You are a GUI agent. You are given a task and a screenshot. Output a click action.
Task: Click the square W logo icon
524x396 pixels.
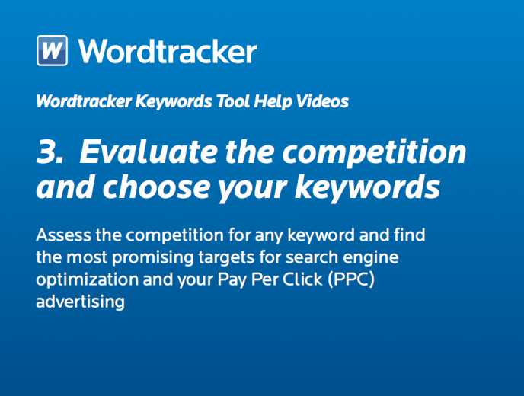[52, 50]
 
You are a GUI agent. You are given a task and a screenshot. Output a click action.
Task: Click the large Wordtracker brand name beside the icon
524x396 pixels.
[168, 51]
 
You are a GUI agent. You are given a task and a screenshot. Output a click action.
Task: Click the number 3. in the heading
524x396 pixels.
[50, 152]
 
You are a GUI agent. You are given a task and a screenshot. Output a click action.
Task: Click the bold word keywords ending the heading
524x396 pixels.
[367, 187]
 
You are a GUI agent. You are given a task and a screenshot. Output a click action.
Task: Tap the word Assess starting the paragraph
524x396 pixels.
[63, 235]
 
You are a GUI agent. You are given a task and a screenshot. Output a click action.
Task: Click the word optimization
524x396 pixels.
[88, 280]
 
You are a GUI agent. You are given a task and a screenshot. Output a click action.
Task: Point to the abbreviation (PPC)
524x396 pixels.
[351, 279]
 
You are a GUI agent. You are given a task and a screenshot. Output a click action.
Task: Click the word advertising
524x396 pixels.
[80, 302]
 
